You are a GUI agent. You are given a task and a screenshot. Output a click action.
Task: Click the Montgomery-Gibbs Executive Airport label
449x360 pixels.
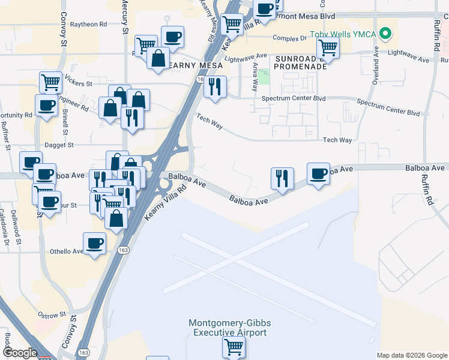point(228,328)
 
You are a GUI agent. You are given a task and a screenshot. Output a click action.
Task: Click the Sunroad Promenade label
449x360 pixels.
point(293,62)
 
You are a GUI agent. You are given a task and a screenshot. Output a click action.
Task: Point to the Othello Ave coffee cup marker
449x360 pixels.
point(94,243)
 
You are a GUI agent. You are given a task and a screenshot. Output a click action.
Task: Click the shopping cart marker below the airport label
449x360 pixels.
point(233,346)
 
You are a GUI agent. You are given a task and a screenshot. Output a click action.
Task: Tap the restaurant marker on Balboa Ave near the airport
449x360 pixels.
point(282,178)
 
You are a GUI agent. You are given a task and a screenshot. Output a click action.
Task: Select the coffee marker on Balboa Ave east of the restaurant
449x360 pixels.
point(318,174)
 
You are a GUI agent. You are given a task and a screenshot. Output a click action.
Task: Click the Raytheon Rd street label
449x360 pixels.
point(88,25)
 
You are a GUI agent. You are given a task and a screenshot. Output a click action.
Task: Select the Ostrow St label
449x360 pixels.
point(52,314)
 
